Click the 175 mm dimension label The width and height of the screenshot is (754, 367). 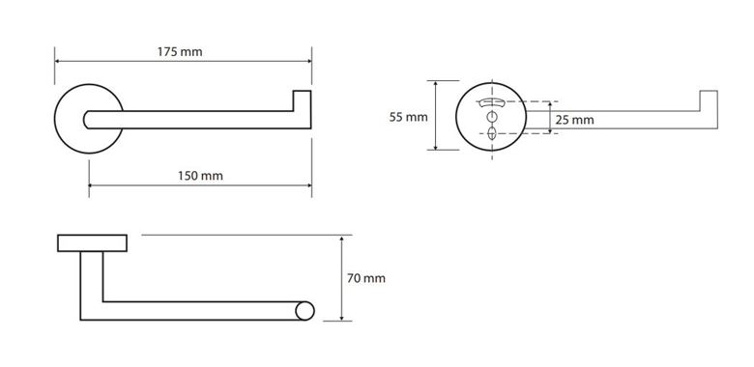click(180, 52)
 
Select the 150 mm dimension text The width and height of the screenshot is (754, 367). click(200, 176)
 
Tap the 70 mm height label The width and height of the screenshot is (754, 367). click(366, 278)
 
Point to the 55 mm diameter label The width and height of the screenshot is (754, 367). click(408, 117)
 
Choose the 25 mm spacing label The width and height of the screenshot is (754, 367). click(574, 120)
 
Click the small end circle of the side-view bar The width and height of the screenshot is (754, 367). click(304, 311)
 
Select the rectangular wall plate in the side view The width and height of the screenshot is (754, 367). click(93, 243)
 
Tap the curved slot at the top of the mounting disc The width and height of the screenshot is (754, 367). click(491, 102)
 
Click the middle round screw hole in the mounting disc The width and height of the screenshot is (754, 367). click(491, 116)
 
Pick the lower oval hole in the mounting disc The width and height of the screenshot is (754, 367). click(491, 133)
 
